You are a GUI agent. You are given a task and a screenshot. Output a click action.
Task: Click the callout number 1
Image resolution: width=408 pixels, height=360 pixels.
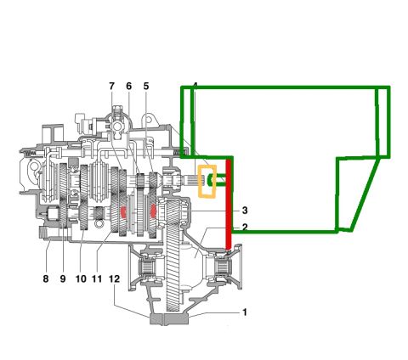(245, 312)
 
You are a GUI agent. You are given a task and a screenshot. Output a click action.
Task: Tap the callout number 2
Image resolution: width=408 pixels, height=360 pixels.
(245, 227)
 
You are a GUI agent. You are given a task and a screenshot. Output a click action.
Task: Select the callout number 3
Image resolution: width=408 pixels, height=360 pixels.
(245, 211)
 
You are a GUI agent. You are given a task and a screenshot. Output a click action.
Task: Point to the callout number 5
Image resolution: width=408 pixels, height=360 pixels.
(146, 86)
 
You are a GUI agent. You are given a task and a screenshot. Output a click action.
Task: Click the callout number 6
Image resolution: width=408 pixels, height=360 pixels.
(129, 86)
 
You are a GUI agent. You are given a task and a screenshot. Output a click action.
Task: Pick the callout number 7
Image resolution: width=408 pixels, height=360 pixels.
(111, 86)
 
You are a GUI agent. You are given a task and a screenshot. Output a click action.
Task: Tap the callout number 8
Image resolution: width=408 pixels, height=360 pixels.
(46, 279)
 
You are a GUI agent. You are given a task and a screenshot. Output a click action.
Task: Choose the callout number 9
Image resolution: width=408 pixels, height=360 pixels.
(63, 279)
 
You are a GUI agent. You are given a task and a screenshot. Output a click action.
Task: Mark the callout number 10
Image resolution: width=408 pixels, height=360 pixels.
(81, 279)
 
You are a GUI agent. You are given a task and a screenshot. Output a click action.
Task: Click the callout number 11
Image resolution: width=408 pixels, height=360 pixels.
(97, 279)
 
